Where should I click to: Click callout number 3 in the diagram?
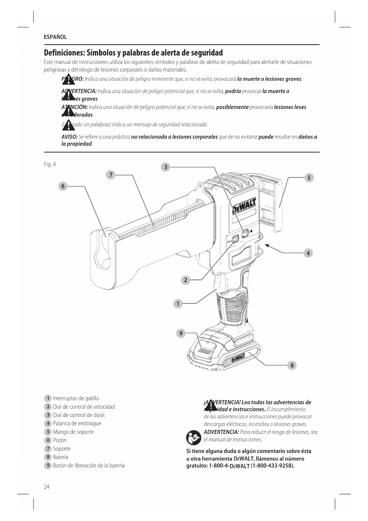pyautogui.click(x=166, y=167)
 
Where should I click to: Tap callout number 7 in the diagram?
pyautogui.click(x=111, y=175)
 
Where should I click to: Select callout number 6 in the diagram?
pyautogui.click(x=63, y=186)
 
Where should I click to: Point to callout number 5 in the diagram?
pyautogui.click(x=309, y=178)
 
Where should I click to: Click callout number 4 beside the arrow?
pyautogui.click(x=308, y=253)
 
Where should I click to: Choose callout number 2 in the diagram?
pyautogui.click(x=186, y=280)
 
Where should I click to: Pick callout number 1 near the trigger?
pyautogui.click(x=178, y=304)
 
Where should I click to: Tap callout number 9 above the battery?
pyautogui.click(x=181, y=333)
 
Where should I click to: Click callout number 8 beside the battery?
pyautogui.click(x=292, y=365)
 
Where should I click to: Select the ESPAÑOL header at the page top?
pyautogui.click(x=55, y=37)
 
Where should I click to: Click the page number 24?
pyautogui.click(x=47, y=487)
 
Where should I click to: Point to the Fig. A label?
pyautogui.click(x=50, y=164)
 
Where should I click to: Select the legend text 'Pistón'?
pyautogui.click(x=60, y=440)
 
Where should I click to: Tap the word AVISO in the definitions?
pyautogui.click(x=69, y=137)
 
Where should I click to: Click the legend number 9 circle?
pyautogui.click(x=48, y=465)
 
